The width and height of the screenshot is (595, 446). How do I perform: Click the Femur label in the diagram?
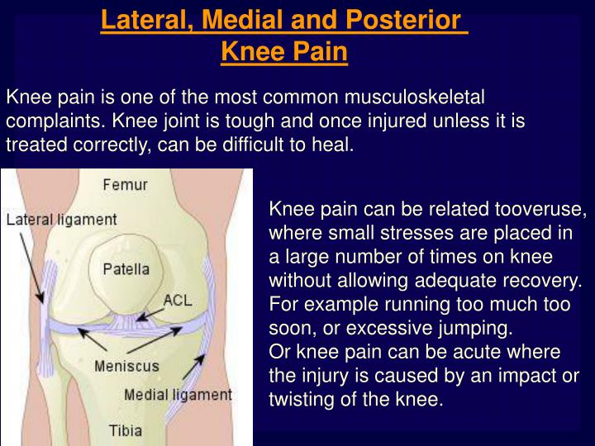125,184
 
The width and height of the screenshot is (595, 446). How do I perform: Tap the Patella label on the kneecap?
126,268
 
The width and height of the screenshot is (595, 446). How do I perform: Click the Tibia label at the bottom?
126,429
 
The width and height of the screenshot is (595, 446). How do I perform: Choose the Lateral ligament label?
62,221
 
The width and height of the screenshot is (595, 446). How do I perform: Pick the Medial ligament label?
178,395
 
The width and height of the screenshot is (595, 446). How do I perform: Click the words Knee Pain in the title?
284,52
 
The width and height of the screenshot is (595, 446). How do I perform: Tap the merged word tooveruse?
540,208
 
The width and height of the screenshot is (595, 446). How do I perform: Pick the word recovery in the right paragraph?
549,280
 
